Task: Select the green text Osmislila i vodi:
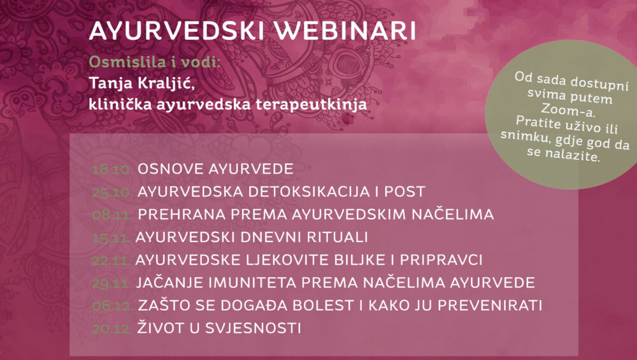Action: coord(154,62)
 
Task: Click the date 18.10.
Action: coord(113,169)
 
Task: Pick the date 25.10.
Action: coord(113,192)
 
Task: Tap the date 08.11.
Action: coord(113,215)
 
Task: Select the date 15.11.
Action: coord(111,237)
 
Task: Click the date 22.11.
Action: coord(111,260)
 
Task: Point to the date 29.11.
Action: coord(111,283)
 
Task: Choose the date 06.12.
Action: coord(113,306)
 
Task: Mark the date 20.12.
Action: coord(112,328)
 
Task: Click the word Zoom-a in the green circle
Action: coord(568,110)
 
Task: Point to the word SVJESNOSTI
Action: coord(253,328)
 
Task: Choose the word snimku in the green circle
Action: coord(525,136)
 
